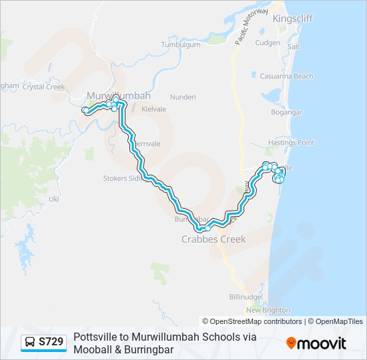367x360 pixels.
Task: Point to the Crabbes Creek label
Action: (214, 239)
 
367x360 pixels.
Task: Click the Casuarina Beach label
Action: (286, 77)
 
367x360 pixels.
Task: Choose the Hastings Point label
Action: (291, 143)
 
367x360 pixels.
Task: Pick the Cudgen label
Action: (268, 43)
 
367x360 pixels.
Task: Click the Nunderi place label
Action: (183, 97)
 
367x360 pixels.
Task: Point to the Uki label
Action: (55, 199)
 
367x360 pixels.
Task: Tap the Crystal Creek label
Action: (43, 87)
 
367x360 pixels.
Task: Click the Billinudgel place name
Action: (246, 296)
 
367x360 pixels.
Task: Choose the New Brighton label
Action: (268, 310)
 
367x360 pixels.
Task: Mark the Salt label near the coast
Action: (294, 47)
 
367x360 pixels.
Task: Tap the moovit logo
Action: (316, 343)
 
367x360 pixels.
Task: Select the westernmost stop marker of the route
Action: (85, 110)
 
